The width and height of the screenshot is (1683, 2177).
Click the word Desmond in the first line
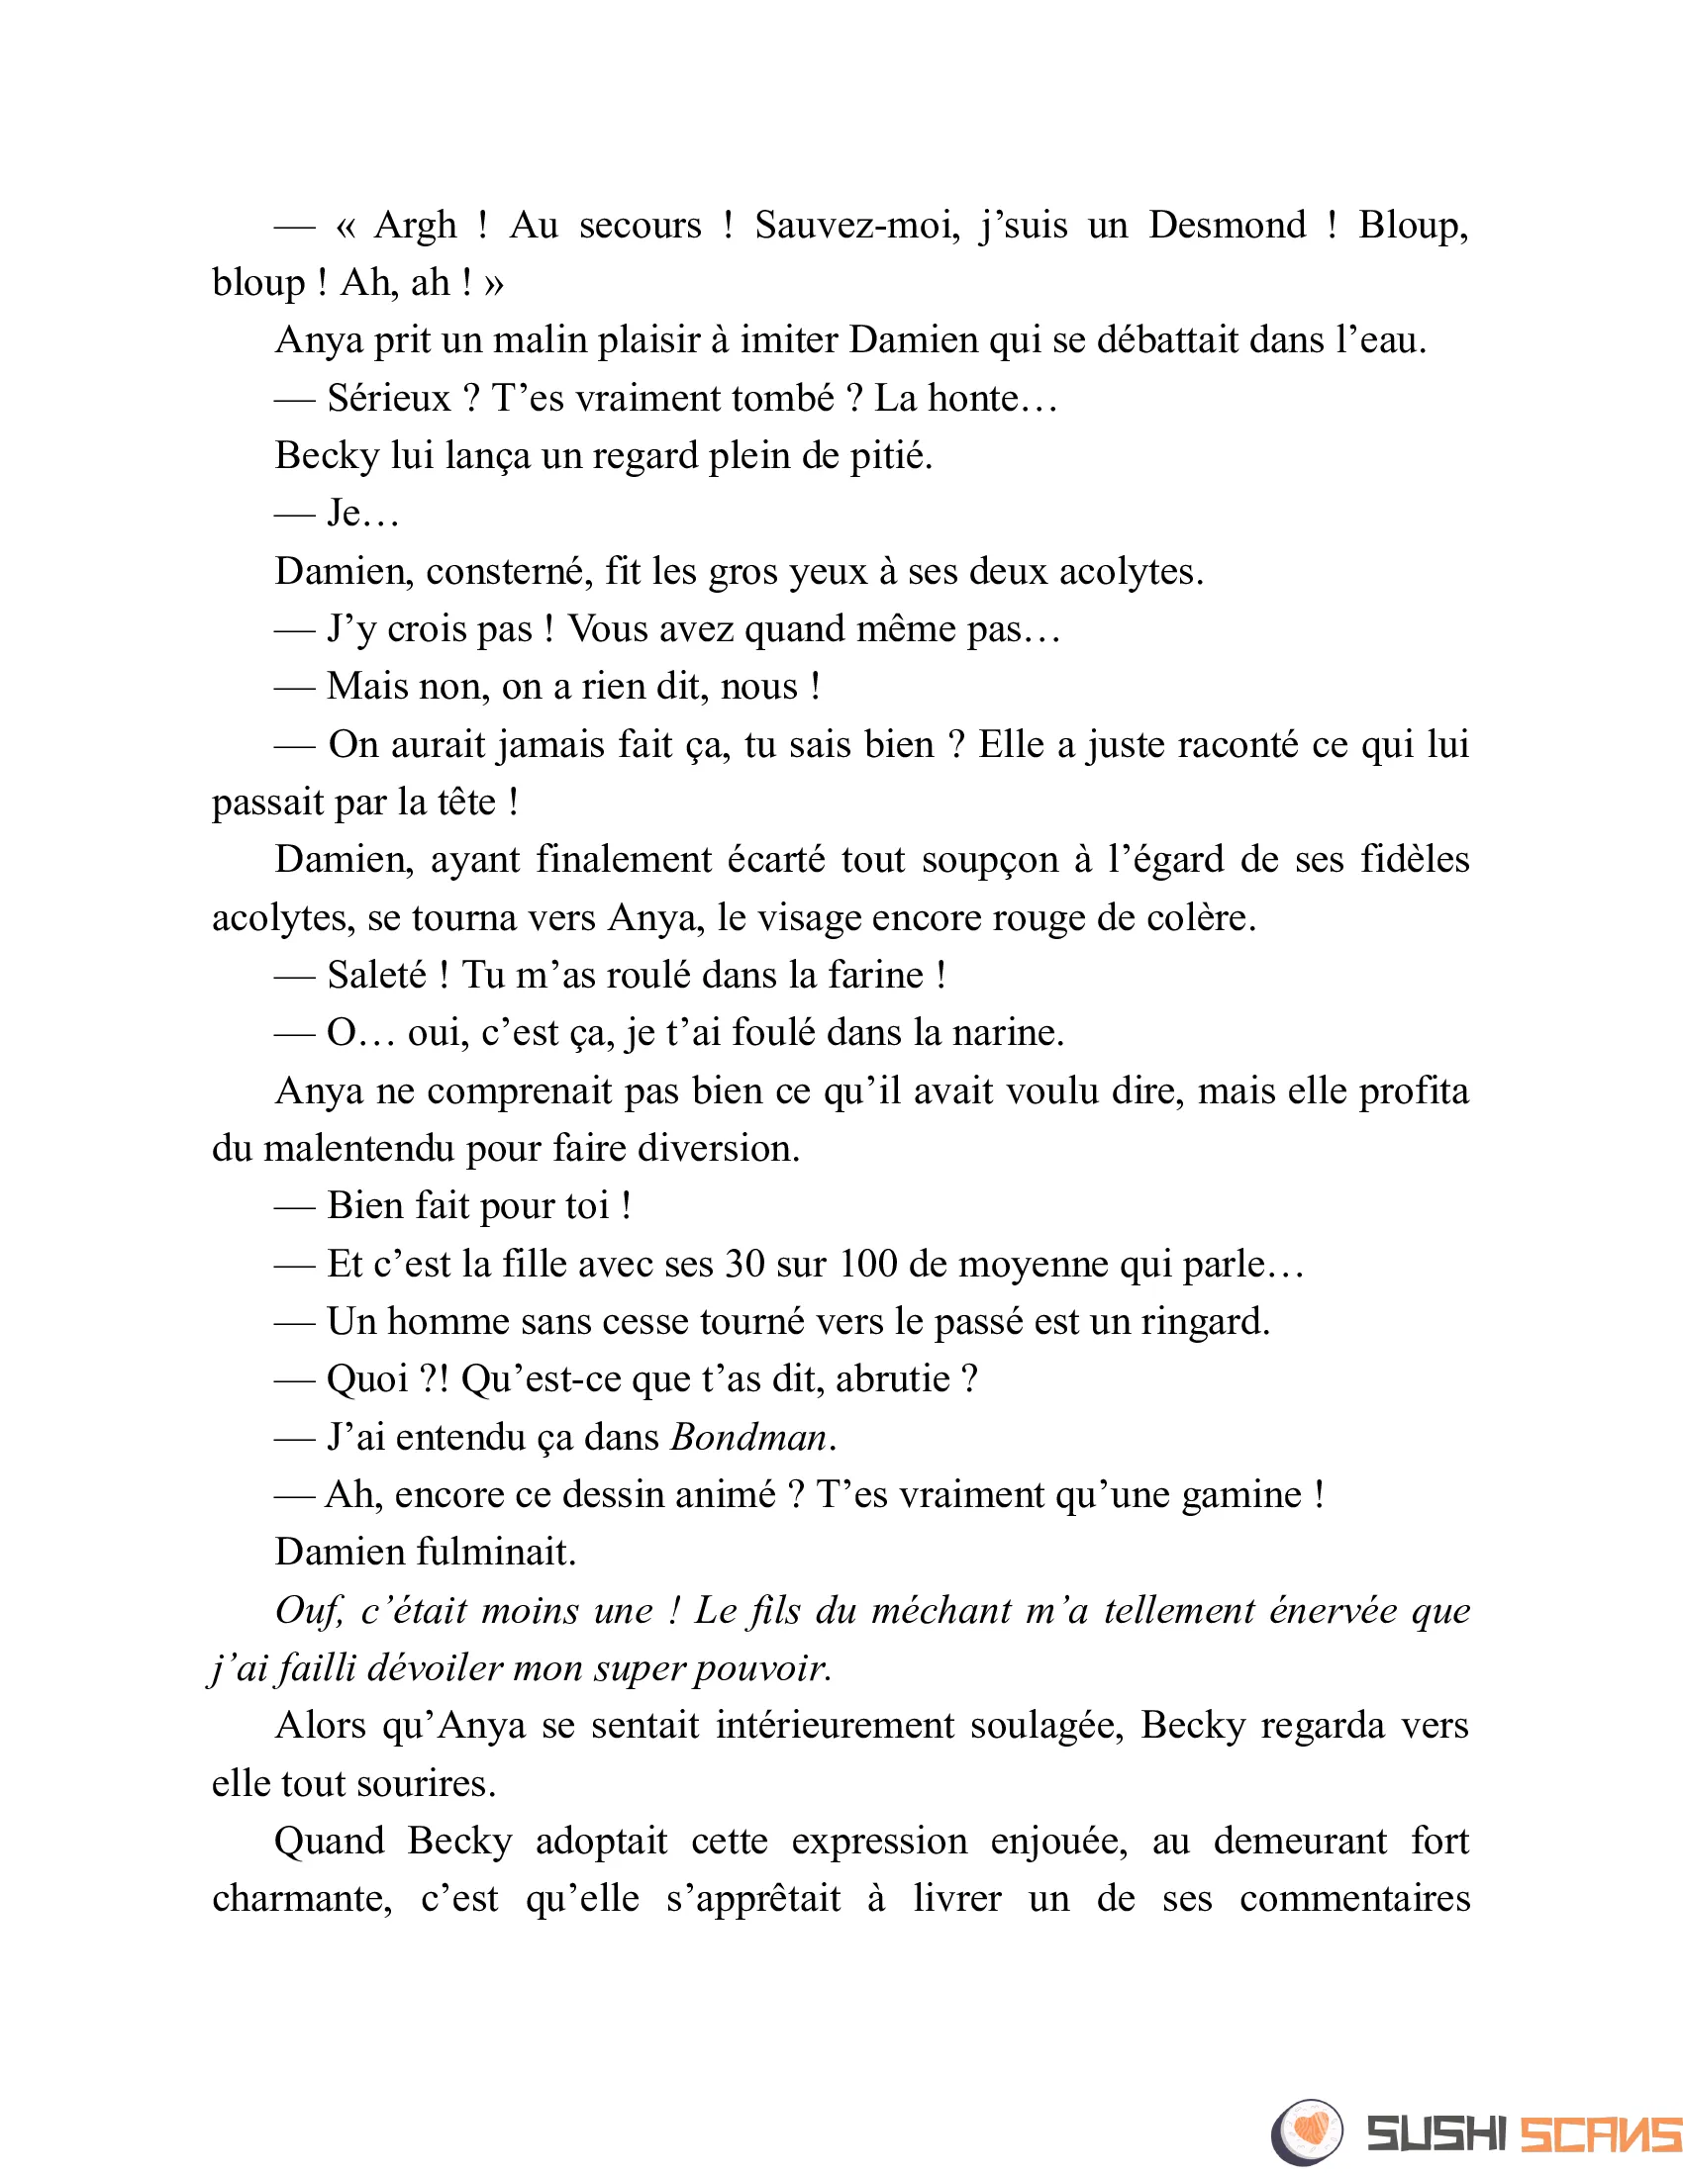click(1227, 226)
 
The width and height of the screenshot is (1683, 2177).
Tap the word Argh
click(415, 226)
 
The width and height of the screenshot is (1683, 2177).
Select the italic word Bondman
click(748, 1438)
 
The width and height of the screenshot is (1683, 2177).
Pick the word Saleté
click(377, 975)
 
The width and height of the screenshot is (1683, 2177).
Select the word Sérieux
click(389, 399)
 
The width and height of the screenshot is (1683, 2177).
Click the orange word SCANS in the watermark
click(1599, 2134)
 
